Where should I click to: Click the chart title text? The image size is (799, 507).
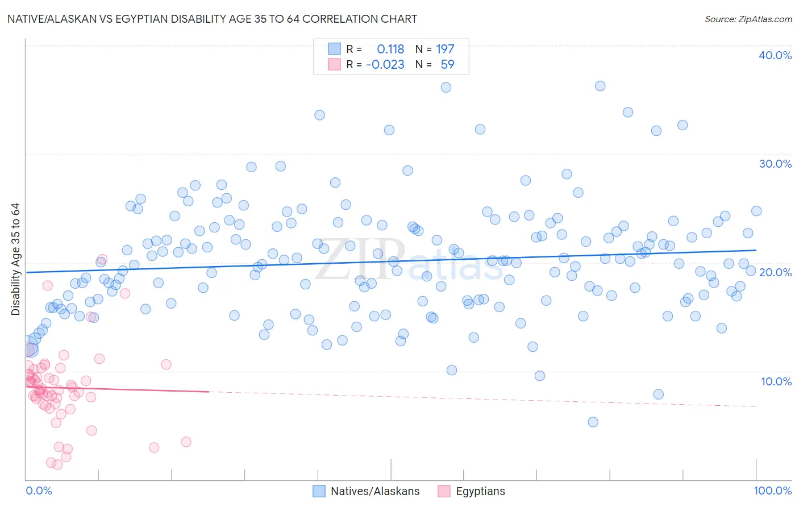(212, 19)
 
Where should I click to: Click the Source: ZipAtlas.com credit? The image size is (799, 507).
(748, 19)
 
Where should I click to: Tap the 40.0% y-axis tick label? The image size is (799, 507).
(775, 55)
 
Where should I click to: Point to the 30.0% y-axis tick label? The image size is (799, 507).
(775, 164)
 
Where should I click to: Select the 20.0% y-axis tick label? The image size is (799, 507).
(775, 272)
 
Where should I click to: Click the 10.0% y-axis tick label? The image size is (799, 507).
(776, 381)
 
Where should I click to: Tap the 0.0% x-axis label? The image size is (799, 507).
(39, 491)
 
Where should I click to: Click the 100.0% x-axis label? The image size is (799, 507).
(772, 491)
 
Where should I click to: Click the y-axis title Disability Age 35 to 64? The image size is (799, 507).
(15, 259)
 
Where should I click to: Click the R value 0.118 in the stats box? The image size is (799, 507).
(390, 49)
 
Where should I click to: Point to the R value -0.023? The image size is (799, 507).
(385, 64)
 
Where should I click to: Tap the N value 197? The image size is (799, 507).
(445, 49)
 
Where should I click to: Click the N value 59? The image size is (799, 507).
(447, 64)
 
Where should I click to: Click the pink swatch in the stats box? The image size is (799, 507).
(334, 64)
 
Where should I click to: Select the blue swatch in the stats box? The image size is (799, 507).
(334, 49)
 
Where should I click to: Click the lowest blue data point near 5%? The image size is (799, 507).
(593, 422)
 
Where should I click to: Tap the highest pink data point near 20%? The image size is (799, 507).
(102, 259)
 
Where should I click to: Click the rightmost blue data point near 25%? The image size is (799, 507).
(756, 211)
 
